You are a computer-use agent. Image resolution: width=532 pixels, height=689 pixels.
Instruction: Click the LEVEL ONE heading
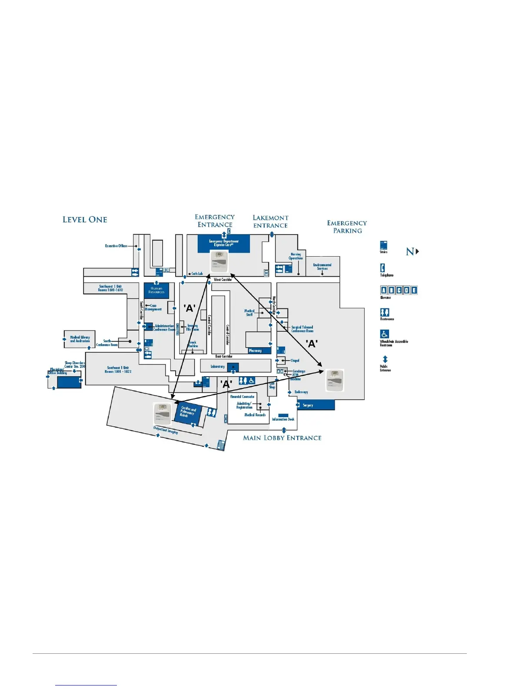pos(85,220)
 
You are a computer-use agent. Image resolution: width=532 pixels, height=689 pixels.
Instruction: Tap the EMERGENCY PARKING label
pos(347,227)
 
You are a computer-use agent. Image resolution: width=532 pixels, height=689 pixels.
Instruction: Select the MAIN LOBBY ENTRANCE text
pos(282,438)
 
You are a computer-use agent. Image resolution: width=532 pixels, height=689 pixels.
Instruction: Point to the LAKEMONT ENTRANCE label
pos(270,221)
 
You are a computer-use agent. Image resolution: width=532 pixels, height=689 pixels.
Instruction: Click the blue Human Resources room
pos(156,290)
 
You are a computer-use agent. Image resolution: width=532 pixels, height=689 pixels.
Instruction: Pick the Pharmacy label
pos(256,351)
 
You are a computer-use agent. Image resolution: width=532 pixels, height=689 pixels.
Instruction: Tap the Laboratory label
pos(218,367)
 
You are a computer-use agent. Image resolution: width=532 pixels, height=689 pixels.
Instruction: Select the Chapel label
pos(295,361)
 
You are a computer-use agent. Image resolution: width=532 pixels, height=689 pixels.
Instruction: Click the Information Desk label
pos(283,419)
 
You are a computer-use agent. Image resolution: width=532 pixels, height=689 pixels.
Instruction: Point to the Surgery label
pos(308,405)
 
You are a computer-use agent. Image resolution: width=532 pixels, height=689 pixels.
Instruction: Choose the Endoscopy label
pos(301,392)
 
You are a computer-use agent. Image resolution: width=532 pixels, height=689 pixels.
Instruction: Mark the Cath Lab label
pos(197,274)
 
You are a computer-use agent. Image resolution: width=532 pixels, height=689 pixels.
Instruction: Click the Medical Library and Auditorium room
pos(80,339)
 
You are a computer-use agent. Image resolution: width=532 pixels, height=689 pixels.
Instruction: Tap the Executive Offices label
pos(116,246)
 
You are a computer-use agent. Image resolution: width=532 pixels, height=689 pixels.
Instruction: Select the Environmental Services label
pos(322,267)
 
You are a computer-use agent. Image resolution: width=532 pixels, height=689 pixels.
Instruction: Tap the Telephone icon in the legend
pos(382,268)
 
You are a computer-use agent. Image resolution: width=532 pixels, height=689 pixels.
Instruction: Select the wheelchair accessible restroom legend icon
pos(385,334)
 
